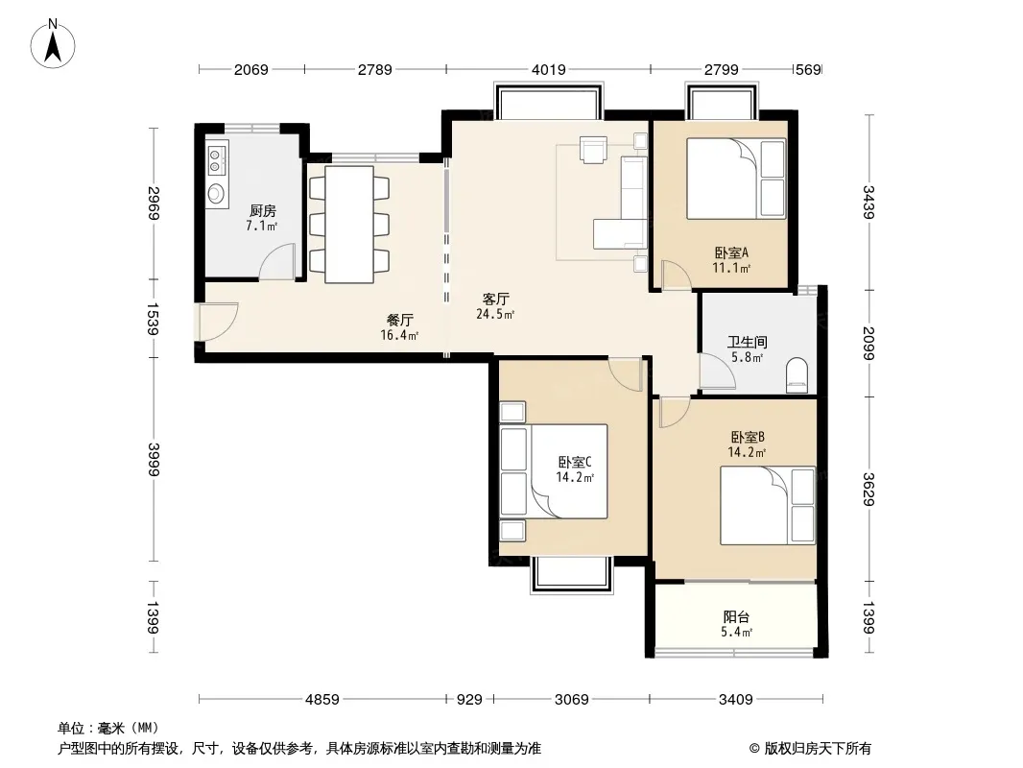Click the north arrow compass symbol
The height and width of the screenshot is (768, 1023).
[x=53, y=44]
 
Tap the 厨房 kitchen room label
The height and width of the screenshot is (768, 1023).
[x=262, y=211]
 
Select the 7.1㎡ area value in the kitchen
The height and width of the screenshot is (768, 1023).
[x=262, y=226]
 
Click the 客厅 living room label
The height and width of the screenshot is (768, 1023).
[x=496, y=299]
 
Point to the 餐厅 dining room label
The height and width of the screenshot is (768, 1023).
[x=400, y=320]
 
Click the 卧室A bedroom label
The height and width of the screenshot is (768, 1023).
[x=731, y=252]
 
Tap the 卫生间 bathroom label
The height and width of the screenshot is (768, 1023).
[x=748, y=342]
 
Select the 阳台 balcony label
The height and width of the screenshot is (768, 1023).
[x=737, y=616]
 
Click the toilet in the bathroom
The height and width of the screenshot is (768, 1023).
[x=797, y=376]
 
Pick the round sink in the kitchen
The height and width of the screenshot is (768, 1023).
[x=215, y=193]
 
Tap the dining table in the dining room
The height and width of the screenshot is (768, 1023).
[x=349, y=225]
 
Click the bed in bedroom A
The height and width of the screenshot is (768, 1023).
[x=736, y=179]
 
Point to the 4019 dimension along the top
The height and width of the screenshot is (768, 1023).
[x=549, y=69]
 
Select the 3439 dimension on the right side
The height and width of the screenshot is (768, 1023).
[x=868, y=202]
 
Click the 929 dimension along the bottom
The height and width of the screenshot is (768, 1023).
[x=469, y=700]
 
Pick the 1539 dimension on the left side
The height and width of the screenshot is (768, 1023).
[x=153, y=319]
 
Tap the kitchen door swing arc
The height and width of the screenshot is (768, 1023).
[x=277, y=261]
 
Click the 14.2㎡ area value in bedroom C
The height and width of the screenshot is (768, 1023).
[x=575, y=478]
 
